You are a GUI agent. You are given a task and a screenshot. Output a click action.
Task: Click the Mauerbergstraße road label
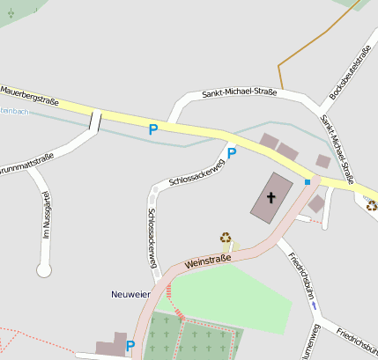(x=29, y=95)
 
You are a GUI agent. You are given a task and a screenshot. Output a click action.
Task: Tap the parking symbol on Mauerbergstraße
(x=153, y=129)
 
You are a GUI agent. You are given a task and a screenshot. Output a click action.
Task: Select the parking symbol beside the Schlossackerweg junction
(x=232, y=153)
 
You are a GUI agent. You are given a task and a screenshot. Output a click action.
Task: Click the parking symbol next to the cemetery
(x=130, y=346)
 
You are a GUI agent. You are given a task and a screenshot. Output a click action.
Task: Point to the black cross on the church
(x=272, y=198)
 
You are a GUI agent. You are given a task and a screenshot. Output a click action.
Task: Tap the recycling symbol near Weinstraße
(x=226, y=238)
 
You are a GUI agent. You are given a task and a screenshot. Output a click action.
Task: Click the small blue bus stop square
(x=308, y=181)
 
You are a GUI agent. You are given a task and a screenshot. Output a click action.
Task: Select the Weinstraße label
(x=208, y=260)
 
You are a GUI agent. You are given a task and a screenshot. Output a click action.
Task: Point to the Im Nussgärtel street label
(x=48, y=217)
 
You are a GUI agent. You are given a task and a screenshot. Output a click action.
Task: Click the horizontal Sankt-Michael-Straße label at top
(x=239, y=92)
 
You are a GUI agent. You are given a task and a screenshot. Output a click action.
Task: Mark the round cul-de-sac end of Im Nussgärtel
(x=44, y=269)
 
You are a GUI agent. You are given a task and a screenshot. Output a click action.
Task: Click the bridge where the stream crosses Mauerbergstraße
(x=95, y=120)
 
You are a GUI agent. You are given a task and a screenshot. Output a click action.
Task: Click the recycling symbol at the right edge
(x=372, y=205)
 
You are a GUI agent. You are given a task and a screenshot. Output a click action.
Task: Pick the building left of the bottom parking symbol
(x=110, y=346)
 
